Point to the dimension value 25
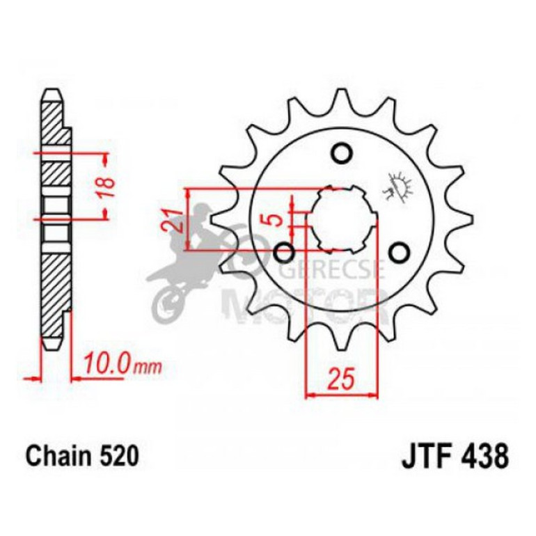(340, 379)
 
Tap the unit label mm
(147, 365)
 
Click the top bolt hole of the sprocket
(341, 152)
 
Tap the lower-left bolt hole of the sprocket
(284, 251)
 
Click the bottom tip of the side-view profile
(52, 345)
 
